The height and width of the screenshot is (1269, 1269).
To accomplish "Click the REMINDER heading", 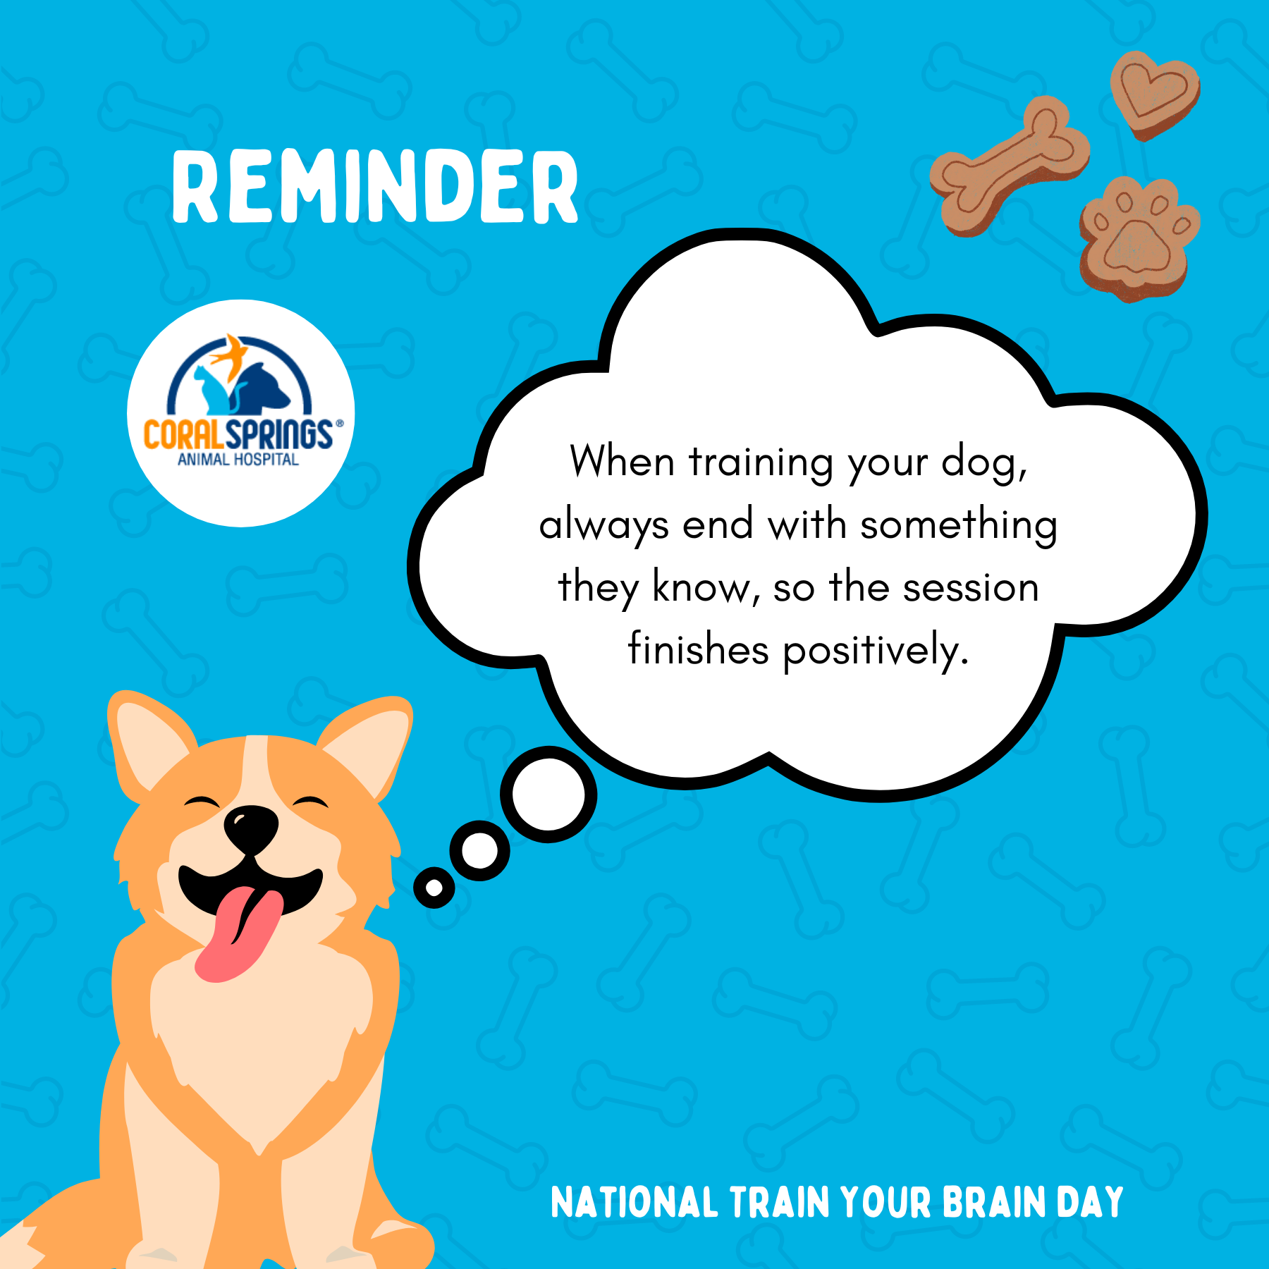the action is click(375, 187).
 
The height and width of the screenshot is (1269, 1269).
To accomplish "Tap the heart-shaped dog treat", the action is click(1155, 95).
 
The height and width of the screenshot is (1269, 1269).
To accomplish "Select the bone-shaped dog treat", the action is click(1010, 166).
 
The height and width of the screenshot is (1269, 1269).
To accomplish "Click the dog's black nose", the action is click(251, 828).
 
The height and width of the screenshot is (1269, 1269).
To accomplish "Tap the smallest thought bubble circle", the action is click(434, 888).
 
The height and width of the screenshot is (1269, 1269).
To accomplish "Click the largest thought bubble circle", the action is click(548, 794).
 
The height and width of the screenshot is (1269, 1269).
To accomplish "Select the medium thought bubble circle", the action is click(480, 850).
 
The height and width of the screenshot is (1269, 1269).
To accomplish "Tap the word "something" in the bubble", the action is click(959, 526).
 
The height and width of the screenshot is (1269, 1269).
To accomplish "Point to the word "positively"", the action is click(876, 651).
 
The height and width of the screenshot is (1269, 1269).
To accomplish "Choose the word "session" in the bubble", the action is click(971, 588).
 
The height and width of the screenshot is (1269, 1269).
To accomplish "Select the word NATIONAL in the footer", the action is click(634, 1203).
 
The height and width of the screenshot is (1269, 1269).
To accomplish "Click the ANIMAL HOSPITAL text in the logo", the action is click(238, 460).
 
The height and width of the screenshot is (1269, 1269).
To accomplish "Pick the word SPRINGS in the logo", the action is click(279, 434).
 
